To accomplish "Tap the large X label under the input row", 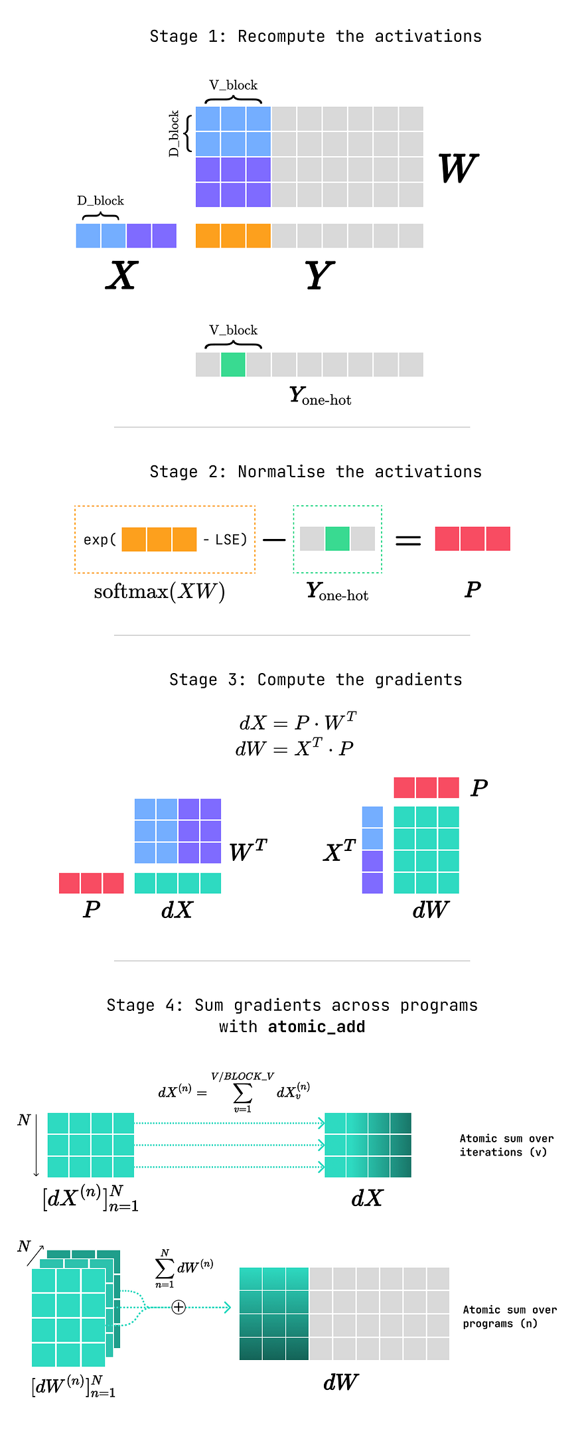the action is pyautogui.click(x=122, y=275).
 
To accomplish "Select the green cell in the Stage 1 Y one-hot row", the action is pyautogui.click(x=233, y=364).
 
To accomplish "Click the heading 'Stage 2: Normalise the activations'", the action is pyautogui.click(x=316, y=472).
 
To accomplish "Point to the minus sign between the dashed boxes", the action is pyautogui.click(x=273, y=540).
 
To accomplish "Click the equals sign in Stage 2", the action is pyautogui.click(x=408, y=541).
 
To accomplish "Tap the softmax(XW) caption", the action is pyautogui.click(x=159, y=591).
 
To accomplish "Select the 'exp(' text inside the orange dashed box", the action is pyautogui.click(x=100, y=540).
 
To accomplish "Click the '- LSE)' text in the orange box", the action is pyautogui.click(x=225, y=540).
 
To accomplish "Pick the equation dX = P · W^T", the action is pyautogui.click(x=298, y=722).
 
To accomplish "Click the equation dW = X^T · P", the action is pyautogui.click(x=295, y=748).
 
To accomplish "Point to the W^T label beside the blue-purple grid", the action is pyautogui.click(x=248, y=850).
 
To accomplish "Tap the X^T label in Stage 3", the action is pyautogui.click(x=340, y=851).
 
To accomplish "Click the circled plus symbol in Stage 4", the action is pyautogui.click(x=179, y=1307).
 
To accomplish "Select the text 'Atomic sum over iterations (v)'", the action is pyautogui.click(x=506, y=1145).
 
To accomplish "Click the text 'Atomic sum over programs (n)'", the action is pyautogui.click(x=510, y=1316).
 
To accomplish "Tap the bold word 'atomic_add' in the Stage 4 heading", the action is pyautogui.click(x=317, y=1027).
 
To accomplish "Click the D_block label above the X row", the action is pyautogui.click(x=100, y=200).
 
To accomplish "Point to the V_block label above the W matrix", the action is pyautogui.click(x=233, y=85).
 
